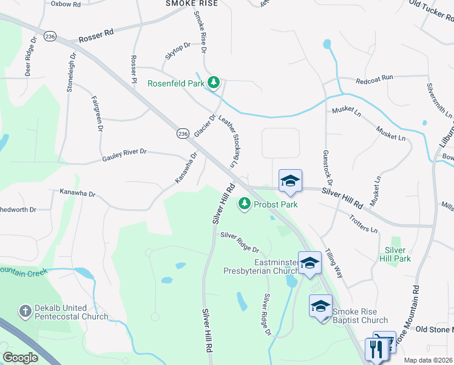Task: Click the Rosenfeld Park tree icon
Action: point(213,82)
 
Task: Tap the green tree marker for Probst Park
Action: point(245,204)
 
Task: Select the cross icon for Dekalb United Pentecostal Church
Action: point(25,311)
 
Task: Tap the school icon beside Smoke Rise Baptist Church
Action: point(320,306)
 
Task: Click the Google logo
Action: point(20,357)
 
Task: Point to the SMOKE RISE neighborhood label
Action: point(191,3)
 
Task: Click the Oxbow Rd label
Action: point(66,4)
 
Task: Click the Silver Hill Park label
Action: point(398,254)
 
